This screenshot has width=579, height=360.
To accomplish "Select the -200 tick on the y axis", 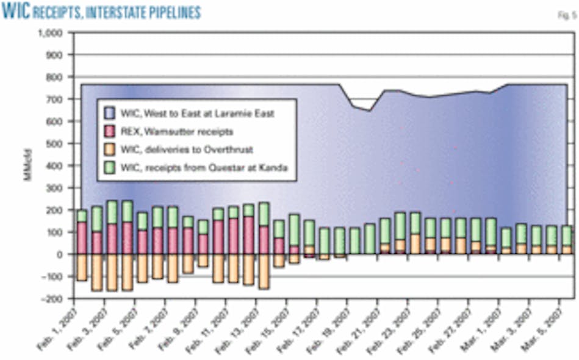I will click(x=54, y=299).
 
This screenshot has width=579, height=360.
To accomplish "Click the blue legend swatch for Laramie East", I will click(x=110, y=113).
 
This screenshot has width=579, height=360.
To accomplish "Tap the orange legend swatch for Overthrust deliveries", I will click(x=110, y=148).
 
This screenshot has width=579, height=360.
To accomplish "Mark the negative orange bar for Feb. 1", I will click(x=82, y=267).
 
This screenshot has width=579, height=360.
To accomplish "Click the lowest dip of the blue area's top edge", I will click(x=370, y=110).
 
